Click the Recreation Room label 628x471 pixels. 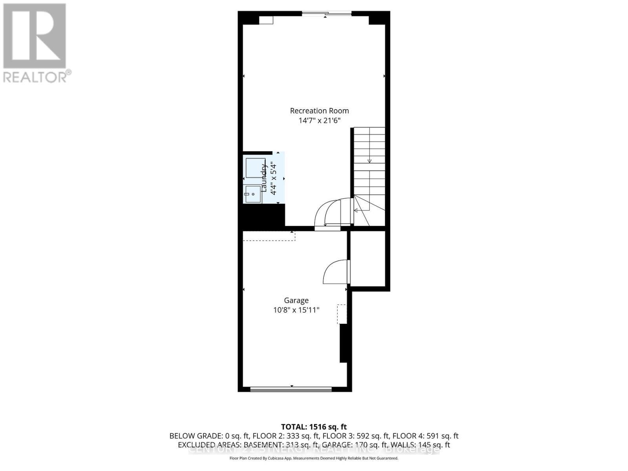[x=319, y=111]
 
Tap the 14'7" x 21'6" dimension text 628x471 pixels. [x=319, y=120]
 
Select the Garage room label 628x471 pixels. [x=296, y=300]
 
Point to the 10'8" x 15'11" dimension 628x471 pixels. [x=296, y=310]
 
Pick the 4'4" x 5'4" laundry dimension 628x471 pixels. [x=274, y=179]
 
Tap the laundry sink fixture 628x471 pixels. [x=253, y=194]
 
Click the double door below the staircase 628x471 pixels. [x=330, y=214]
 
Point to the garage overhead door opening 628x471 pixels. [x=291, y=389]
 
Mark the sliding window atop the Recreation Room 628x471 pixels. [x=327, y=14]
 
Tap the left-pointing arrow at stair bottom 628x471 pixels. [x=356, y=210]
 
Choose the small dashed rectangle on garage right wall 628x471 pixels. [x=342, y=314]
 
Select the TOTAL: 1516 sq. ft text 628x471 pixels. [x=314, y=427]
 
